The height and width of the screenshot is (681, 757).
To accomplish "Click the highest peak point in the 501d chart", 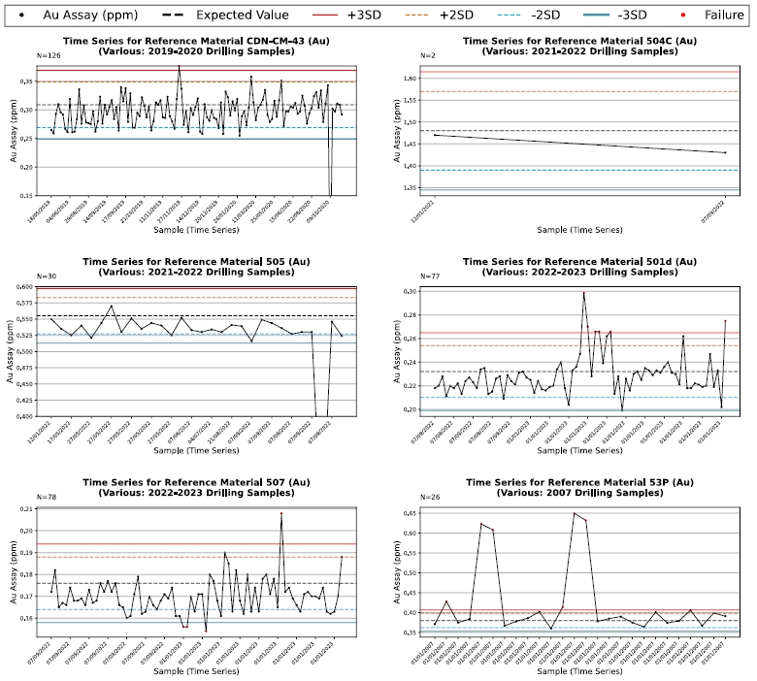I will tap(583, 293).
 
